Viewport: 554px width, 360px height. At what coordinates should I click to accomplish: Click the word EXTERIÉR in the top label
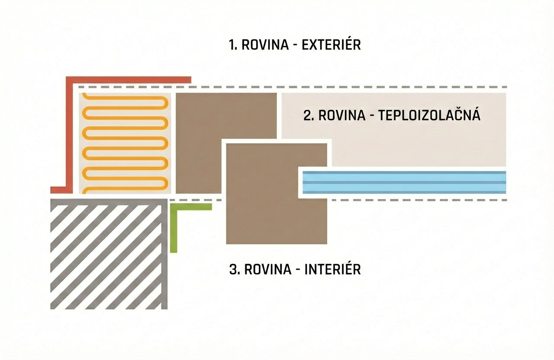pos(331,45)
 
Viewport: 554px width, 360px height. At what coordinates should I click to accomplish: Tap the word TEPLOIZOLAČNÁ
pos(429,115)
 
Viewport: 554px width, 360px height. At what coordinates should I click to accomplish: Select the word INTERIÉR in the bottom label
pos(333,269)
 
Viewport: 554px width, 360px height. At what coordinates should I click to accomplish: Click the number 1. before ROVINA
pos(233,45)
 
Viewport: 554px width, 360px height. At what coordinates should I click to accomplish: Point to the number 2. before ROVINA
pos(309,116)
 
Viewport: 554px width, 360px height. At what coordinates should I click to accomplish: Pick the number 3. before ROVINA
pos(235,270)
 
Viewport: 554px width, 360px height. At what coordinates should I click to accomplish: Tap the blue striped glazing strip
pos(404,182)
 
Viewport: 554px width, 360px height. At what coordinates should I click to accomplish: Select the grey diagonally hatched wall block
pos(109,254)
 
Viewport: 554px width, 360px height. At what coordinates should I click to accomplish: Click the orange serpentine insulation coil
pos(125,143)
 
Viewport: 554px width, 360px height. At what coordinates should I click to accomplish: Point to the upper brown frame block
pos(226,143)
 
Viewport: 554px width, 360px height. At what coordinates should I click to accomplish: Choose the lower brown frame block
pos(277,193)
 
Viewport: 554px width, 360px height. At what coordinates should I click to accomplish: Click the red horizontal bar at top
pos(129,80)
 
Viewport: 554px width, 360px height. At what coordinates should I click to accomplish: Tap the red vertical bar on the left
pos(69,135)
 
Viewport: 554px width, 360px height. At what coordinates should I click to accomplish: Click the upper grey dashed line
pos(293,87)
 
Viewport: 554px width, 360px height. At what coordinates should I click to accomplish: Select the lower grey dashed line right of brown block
pos(419,200)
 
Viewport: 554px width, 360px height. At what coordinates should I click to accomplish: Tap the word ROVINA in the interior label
pos(268,270)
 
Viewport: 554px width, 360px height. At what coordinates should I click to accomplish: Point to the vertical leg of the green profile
pos(174,228)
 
